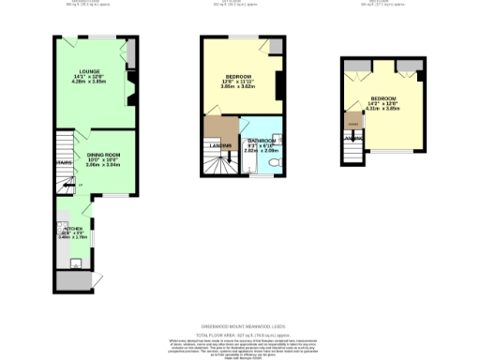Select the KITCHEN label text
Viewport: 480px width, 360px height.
73,229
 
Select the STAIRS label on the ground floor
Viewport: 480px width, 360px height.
64,162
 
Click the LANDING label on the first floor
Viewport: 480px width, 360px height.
220,144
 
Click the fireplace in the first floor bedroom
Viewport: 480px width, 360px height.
279,82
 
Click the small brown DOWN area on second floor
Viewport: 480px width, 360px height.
352,122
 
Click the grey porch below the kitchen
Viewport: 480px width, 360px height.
73,280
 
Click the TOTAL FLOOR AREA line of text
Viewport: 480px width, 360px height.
240,333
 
